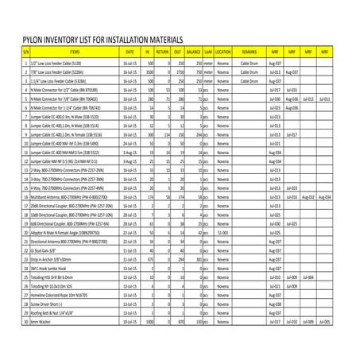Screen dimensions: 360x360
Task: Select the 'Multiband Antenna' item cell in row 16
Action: (x=60, y=195)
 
